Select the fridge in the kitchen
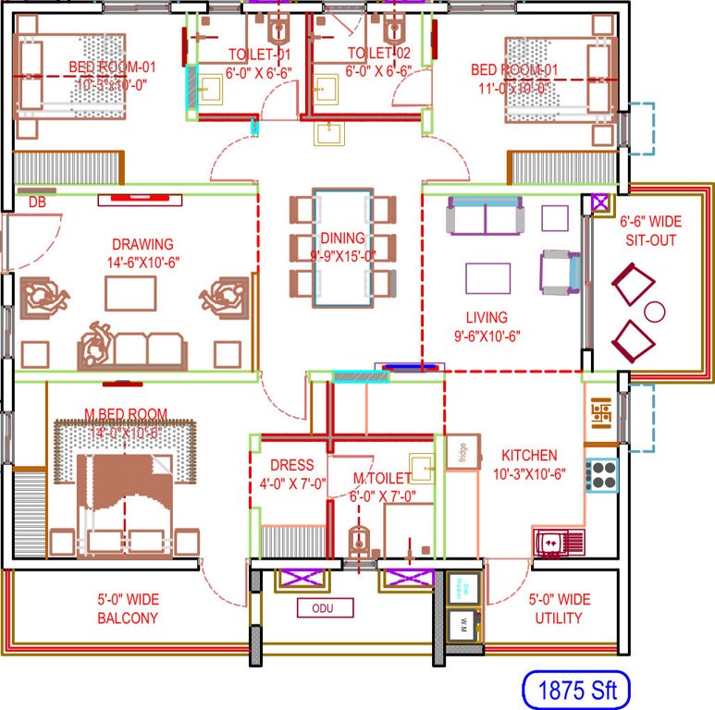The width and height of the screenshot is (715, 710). coord(457,452)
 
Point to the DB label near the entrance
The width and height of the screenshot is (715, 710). coord(37,202)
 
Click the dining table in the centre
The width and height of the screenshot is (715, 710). coord(341,247)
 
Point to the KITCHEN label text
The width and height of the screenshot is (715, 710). coord(529,455)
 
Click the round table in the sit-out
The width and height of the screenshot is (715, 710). coord(655,311)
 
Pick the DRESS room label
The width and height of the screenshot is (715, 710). coord(291,465)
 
